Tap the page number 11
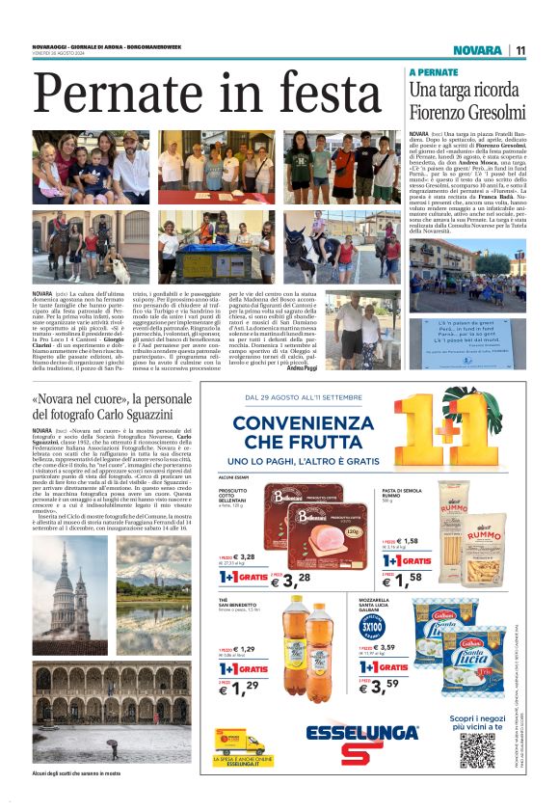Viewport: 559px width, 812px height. pyautogui.click(x=520, y=50)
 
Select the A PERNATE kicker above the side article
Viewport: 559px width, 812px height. pyautogui.click(x=433, y=72)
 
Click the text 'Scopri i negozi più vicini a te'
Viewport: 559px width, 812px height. pyautogui.click(x=477, y=722)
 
